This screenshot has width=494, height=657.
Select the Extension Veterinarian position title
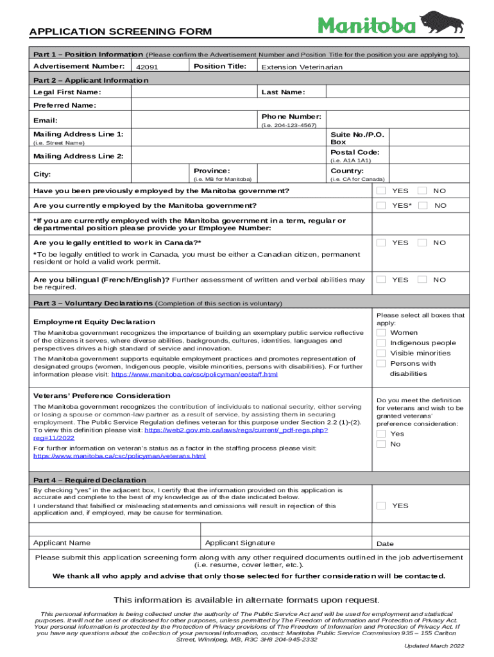302,67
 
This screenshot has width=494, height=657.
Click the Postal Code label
355,152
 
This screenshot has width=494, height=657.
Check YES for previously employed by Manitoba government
381,191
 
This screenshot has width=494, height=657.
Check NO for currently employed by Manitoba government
422,205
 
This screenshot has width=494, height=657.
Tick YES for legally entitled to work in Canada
381,243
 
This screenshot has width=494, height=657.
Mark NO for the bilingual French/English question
422,280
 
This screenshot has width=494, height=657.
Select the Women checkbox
381,332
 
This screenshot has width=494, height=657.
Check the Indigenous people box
381,343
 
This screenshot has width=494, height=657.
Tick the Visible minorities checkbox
381,353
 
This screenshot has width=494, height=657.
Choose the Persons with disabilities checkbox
381,363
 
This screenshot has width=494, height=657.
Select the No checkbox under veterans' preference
381,444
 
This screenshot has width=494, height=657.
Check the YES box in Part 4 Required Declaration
381,506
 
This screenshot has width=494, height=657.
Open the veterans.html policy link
119,456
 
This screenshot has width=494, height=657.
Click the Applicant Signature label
240,543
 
